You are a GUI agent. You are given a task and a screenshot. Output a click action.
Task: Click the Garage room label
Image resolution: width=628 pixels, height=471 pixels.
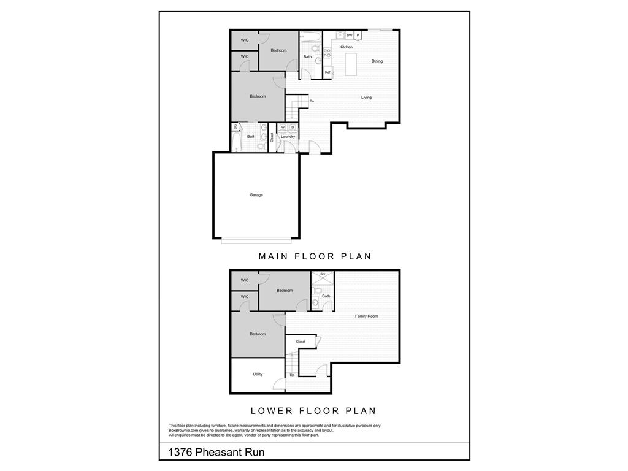coord(256,195)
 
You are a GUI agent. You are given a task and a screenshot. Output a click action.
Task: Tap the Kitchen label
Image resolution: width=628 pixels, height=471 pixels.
coord(346,47)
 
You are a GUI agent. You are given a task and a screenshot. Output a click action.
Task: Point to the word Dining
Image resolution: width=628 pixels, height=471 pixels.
coord(377,61)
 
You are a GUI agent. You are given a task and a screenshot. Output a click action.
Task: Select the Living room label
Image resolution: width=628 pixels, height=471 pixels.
coord(366,98)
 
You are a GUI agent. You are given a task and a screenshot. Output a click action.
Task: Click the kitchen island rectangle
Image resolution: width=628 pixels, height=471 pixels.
coord(351,64)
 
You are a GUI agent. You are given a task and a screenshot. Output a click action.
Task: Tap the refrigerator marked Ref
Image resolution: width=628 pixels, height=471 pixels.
coord(327,72)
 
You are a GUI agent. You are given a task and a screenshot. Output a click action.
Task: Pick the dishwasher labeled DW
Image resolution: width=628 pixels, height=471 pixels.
coord(349,36)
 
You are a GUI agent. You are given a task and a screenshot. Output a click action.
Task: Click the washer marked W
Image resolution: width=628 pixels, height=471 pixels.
coord(283,127)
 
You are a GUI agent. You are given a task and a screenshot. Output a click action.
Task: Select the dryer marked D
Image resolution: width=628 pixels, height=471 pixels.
coord(293,127)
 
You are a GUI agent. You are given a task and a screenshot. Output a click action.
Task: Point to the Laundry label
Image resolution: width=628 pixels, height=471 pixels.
coord(288,136)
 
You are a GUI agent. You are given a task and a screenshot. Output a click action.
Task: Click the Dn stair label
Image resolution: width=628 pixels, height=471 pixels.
coord(312,101)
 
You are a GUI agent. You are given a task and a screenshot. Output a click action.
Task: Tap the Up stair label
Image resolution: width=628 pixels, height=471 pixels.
coord(292,375)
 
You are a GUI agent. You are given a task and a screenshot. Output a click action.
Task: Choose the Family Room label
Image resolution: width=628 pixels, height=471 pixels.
coord(367,316)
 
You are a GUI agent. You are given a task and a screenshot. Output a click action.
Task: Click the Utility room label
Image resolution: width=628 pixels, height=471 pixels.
coord(258,374)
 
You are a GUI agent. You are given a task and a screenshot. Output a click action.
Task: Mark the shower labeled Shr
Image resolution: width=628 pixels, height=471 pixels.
coord(323,274)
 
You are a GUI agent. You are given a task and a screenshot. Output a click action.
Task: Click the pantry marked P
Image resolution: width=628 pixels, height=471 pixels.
coord(358,36)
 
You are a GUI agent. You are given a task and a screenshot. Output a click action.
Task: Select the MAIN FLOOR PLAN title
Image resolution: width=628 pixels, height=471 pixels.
coord(315,256)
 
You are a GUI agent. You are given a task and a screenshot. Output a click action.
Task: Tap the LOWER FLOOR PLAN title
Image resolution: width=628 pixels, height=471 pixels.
coord(313,411)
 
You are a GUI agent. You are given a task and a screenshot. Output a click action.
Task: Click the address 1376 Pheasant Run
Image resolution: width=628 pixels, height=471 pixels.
coord(216,453)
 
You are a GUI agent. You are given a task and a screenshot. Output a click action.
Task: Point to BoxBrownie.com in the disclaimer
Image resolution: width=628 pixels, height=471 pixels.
coord(183,431)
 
